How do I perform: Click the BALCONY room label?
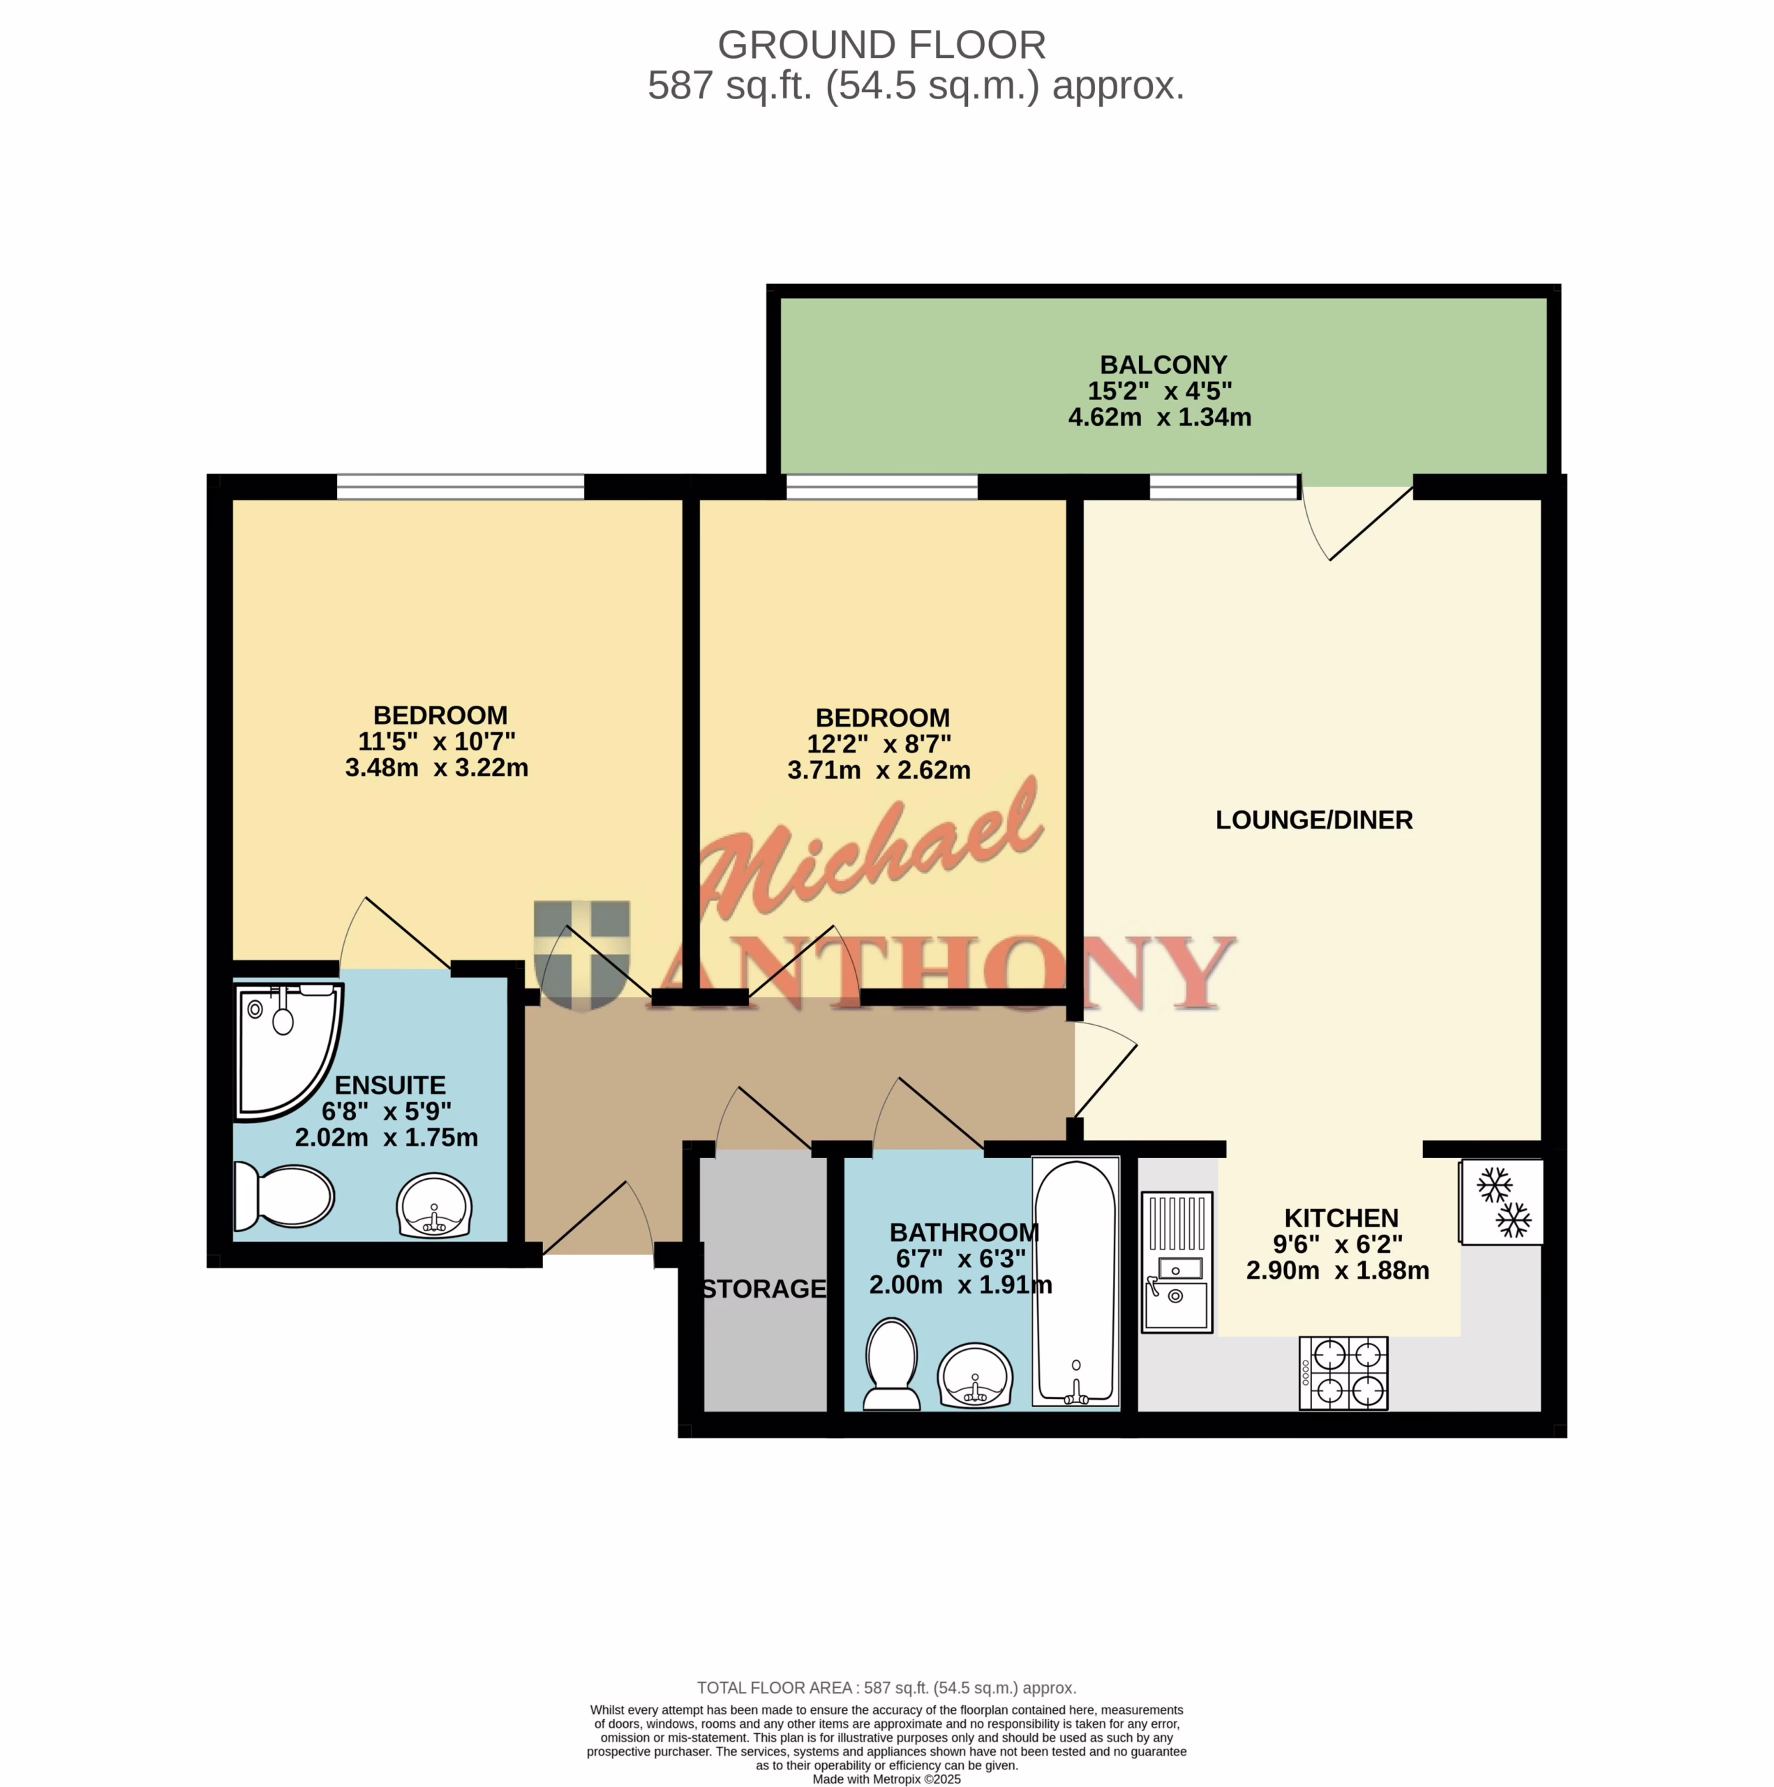1163,364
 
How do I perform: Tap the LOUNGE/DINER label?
1313,820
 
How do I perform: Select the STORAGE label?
764,1289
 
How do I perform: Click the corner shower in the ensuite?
290,1050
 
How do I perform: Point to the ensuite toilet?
284,1196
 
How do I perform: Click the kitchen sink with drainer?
1177,1261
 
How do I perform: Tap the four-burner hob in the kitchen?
1343,1372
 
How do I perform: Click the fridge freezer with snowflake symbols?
1501,1201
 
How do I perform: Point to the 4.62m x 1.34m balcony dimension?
1160,417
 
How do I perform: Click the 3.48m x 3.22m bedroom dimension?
437,768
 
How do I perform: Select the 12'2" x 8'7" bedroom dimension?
879,743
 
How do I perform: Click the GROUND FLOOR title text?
881,45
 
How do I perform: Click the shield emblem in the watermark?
582,954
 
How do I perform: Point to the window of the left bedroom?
461,487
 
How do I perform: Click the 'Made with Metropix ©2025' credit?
886,1779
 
